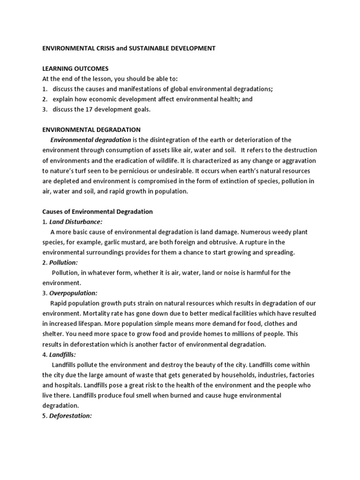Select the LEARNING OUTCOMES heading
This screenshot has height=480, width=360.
(x=75, y=69)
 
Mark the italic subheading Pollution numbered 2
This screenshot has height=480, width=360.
(x=63, y=262)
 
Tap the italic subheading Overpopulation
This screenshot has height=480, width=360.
(x=73, y=293)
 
